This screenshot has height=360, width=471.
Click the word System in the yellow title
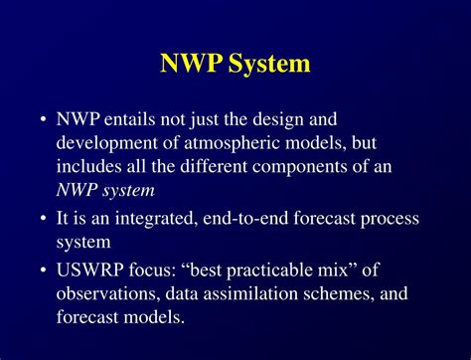point(269,64)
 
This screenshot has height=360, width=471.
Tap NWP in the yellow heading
point(190,63)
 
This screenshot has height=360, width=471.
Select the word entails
point(129,119)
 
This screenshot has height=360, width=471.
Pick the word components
point(300,167)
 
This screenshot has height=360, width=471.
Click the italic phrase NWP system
point(105,191)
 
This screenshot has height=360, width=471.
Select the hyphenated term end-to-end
point(245,219)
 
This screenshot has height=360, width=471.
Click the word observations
point(106,293)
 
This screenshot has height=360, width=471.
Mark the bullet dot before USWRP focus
point(43,270)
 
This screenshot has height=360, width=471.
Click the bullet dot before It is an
point(43,219)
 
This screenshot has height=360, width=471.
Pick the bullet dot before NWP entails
point(43,119)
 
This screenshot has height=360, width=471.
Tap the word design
point(278,120)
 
